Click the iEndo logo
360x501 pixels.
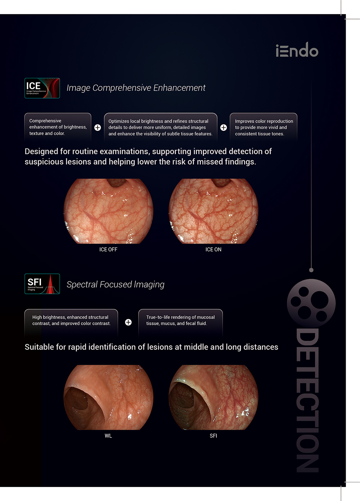(297, 50)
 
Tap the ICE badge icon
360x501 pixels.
(42, 88)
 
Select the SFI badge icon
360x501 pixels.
(42, 284)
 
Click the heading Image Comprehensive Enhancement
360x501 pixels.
(136, 88)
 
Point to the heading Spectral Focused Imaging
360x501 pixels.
(115, 285)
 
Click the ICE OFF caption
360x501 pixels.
(108, 250)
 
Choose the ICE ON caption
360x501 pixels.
(213, 250)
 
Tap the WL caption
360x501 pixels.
(108, 436)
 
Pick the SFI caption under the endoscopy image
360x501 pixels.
(213, 436)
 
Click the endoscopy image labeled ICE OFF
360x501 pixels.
(108, 211)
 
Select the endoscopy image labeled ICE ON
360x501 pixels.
(213, 211)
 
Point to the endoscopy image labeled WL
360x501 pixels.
(108, 397)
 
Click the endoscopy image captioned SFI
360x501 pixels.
(213, 397)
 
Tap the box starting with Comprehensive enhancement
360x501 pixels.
(58, 127)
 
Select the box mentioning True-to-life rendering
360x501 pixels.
(180, 320)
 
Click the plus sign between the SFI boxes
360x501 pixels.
(128, 322)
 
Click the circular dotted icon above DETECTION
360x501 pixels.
(311, 303)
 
